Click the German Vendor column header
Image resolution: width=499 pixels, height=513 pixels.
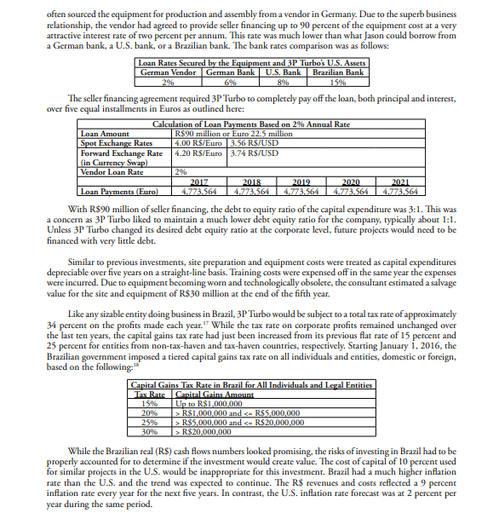168,74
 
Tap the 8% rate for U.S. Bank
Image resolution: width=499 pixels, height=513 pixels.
283,82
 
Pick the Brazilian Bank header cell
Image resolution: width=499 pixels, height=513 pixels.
338,74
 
